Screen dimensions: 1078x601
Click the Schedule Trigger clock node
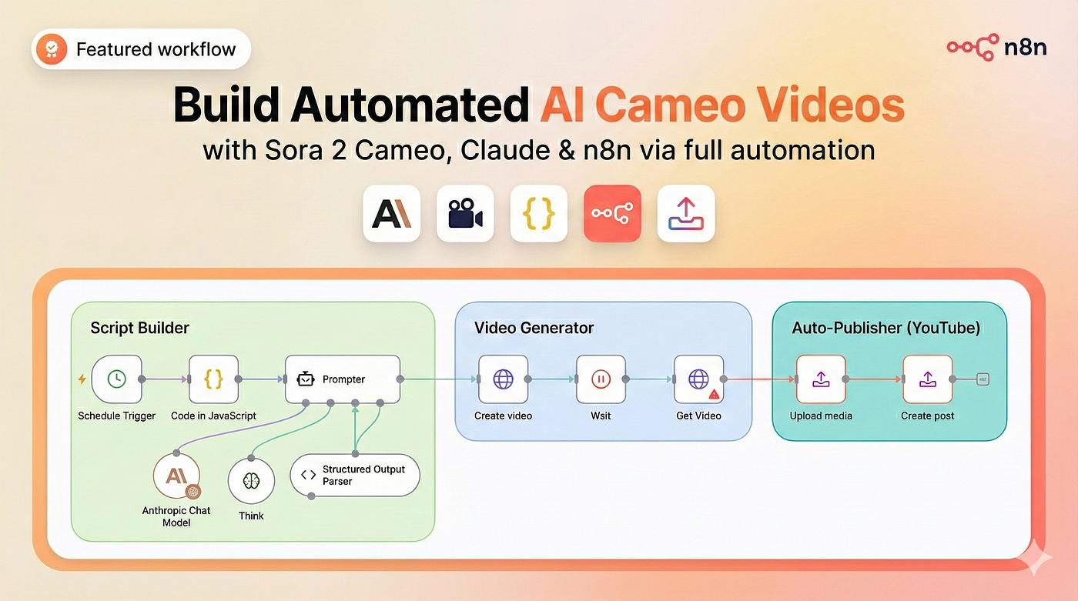click(x=116, y=379)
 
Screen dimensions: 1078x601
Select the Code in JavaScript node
click(x=214, y=379)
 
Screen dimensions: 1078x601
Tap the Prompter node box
click(x=343, y=379)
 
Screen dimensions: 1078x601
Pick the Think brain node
click(x=251, y=480)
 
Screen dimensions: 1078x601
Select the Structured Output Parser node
click(x=355, y=475)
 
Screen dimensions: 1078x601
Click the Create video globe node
click(x=504, y=379)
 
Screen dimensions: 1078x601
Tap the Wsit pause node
click(x=601, y=379)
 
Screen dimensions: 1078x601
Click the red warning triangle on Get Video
click(x=715, y=394)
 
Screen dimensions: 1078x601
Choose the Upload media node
click(x=821, y=379)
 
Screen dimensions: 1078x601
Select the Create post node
click(x=928, y=379)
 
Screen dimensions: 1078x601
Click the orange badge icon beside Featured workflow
click(x=52, y=48)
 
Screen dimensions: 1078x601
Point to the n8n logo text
click(x=1025, y=47)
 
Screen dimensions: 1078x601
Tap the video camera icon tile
click(x=465, y=213)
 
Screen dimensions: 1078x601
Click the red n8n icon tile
click(x=612, y=213)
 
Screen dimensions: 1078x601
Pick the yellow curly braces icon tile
click(x=538, y=213)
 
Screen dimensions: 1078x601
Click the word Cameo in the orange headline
click(x=671, y=105)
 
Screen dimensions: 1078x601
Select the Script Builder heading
click(x=139, y=328)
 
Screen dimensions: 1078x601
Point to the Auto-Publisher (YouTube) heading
click(x=886, y=328)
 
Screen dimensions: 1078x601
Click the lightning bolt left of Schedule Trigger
click(x=82, y=379)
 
